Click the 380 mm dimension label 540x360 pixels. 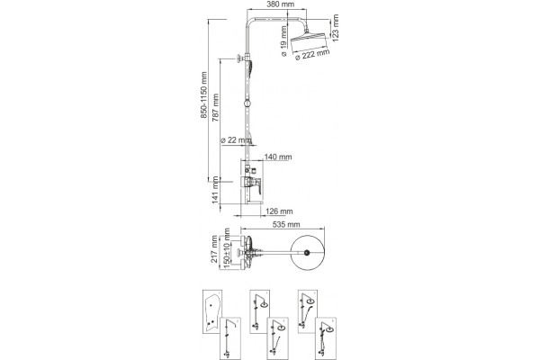pos(281,4)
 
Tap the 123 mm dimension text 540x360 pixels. pos(336,28)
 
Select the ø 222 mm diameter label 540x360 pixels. pos(312,54)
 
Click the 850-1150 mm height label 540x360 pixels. pos(204,95)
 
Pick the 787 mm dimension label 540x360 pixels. pos(216,107)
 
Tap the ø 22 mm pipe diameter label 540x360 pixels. pos(236,140)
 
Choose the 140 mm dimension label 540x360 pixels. pos(278,157)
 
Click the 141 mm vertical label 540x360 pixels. pos(216,190)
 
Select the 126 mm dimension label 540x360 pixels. pos(279,211)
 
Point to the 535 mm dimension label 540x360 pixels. pos(286,225)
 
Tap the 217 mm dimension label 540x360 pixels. pos(214,248)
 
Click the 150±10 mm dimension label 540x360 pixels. pos(226,247)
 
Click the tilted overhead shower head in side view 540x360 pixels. pos(308,41)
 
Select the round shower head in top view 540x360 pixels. pos(308,253)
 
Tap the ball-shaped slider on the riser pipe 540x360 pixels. pos(247,103)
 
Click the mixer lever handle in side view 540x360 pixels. pos(258,184)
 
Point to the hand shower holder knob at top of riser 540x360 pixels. pos(239,58)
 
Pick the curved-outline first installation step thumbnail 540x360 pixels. pos(212,311)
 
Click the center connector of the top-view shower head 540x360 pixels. pos(307,253)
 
